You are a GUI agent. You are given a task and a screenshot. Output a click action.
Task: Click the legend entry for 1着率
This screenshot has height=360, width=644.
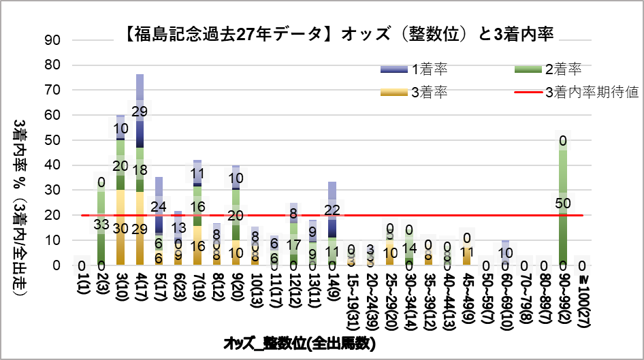click(x=429, y=69)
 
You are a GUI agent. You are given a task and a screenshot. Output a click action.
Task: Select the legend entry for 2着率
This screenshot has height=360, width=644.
click(x=562, y=69)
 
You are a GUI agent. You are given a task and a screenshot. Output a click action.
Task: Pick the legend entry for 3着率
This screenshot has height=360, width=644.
click(x=429, y=93)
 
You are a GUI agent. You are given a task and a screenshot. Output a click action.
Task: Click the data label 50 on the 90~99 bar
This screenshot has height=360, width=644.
click(x=564, y=203)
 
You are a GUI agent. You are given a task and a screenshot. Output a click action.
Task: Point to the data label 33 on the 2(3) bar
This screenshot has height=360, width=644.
click(x=100, y=224)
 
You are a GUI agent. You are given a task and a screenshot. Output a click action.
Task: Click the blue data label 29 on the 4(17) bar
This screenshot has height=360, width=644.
click(x=140, y=111)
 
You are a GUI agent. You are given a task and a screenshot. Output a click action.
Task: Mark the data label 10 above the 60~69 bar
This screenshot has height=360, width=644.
click(x=504, y=253)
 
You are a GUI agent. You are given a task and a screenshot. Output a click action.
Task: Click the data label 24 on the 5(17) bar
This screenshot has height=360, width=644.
click(x=159, y=207)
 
